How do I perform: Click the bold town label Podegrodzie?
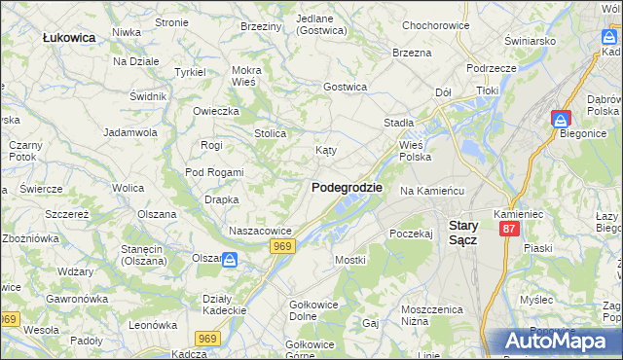point(347,187)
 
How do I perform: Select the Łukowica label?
point(68,37)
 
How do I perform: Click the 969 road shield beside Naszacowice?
point(283,247)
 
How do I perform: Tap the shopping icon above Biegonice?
point(561,119)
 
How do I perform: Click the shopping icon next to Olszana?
point(230,260)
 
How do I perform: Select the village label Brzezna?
point(412,53)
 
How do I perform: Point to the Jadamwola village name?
point(130,131)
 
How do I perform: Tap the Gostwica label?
point(346,87)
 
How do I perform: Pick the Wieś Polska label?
point(416,150)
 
